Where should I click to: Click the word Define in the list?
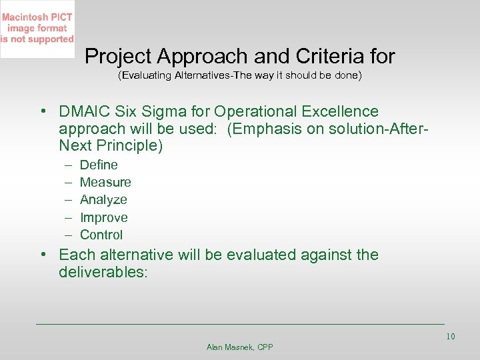(x=99, y=165)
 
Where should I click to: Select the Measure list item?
(x=105, y=182)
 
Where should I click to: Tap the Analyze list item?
(x=103, y=199)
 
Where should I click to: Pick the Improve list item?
(x=103, y=217)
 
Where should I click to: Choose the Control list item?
(x=101, y=235)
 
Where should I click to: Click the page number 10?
(x=450, y=336)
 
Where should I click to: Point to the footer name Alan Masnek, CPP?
(x=240, y=347)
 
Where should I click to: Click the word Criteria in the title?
(x=340, y=56)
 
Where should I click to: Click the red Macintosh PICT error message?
(x=37, y=29)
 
